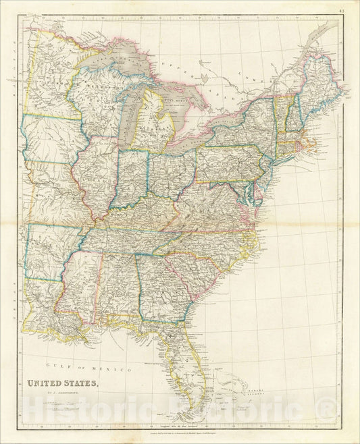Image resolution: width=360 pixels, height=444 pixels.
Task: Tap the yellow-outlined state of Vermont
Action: (x=278, y=111)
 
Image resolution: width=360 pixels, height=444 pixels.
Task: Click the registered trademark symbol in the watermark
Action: (x=329, y=407)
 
